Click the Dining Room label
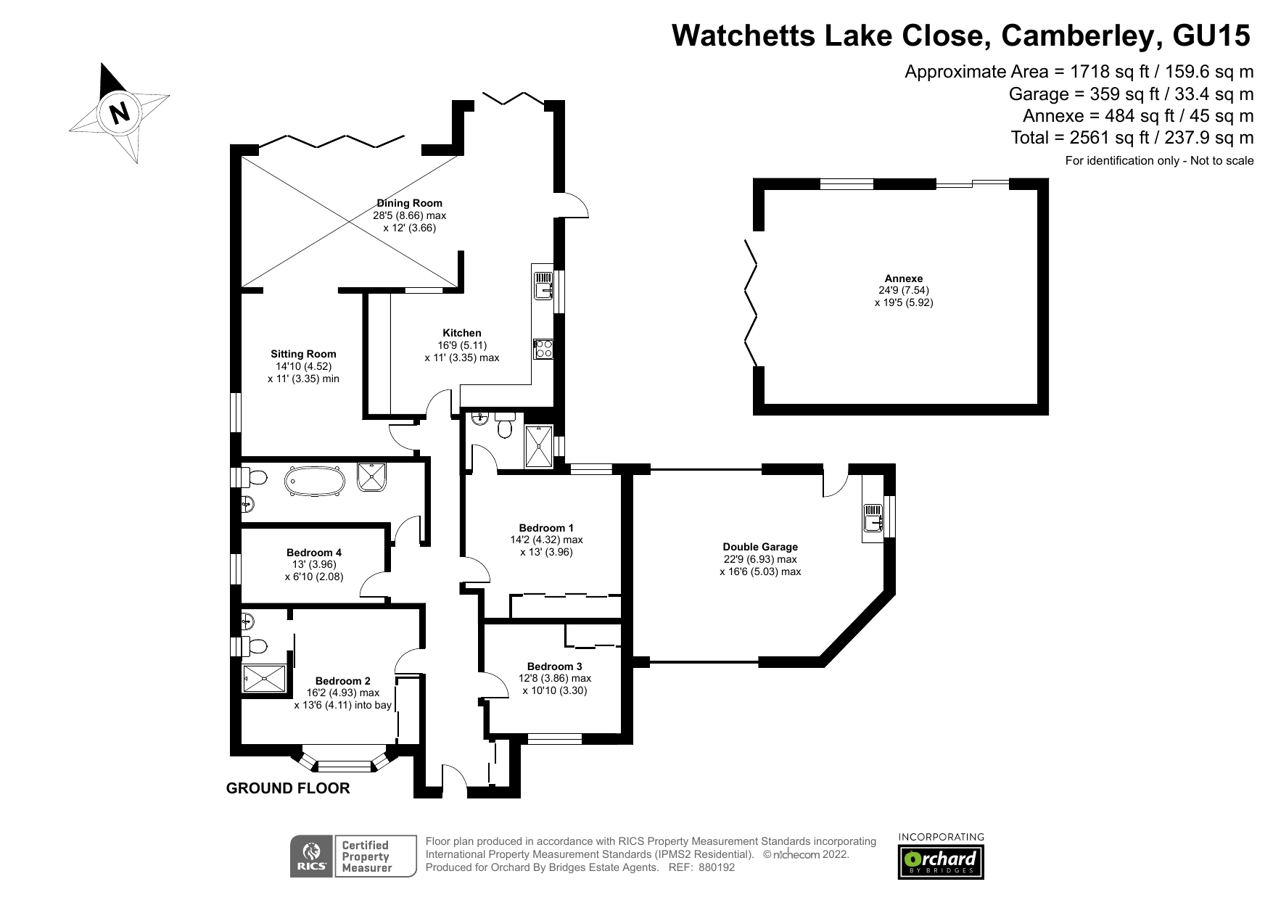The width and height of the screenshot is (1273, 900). [409, 203]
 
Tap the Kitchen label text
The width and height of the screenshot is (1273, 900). [462, 333]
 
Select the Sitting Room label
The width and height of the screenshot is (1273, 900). [303, 354]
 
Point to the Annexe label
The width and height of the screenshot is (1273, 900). [903, 278]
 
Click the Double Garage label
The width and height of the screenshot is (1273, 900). [759, 547]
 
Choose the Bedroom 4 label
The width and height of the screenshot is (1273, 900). [313, 553]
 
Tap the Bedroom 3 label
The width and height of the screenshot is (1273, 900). [554, 666]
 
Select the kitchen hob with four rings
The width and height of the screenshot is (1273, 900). [543, 349]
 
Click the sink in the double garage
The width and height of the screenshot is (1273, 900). [873, 519]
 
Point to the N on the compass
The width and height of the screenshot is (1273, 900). [119, 113]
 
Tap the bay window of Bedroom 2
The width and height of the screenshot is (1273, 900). [346, 763]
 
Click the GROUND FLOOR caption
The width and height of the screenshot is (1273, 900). [288, 788]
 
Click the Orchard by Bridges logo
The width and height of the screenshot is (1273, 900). [941, 862]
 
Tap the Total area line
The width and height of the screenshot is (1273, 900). [1132, 138]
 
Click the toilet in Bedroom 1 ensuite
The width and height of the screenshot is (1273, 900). [506, 428]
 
